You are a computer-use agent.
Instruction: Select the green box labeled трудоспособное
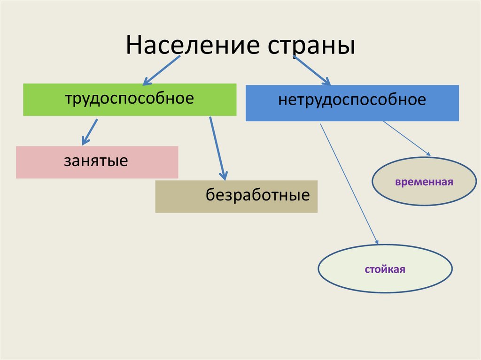coord(130,100)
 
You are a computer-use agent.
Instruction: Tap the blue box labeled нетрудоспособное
coord(352,103)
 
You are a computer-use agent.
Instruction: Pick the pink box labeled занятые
coord(97,162)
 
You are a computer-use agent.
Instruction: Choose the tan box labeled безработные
coord(236,196)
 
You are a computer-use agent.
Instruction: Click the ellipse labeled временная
coord(424,181)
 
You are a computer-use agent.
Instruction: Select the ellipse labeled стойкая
coord(385,269)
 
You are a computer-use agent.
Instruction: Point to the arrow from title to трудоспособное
coord(161,70)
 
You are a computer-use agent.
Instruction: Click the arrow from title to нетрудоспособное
coord(312,70)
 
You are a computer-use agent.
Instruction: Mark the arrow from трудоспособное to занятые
coord(89,131)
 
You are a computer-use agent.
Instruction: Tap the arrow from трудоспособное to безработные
coord(217,148)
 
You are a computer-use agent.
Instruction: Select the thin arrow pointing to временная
coord(406,138)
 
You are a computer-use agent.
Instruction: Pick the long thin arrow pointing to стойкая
coord(349,184)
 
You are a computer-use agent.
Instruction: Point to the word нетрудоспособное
coord(352,100)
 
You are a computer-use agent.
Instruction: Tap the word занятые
coord(96,161)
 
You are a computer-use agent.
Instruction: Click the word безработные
coord(257,195)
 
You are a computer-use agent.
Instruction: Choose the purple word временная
coord(424,182)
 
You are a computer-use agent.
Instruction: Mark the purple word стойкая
coord(385,270)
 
